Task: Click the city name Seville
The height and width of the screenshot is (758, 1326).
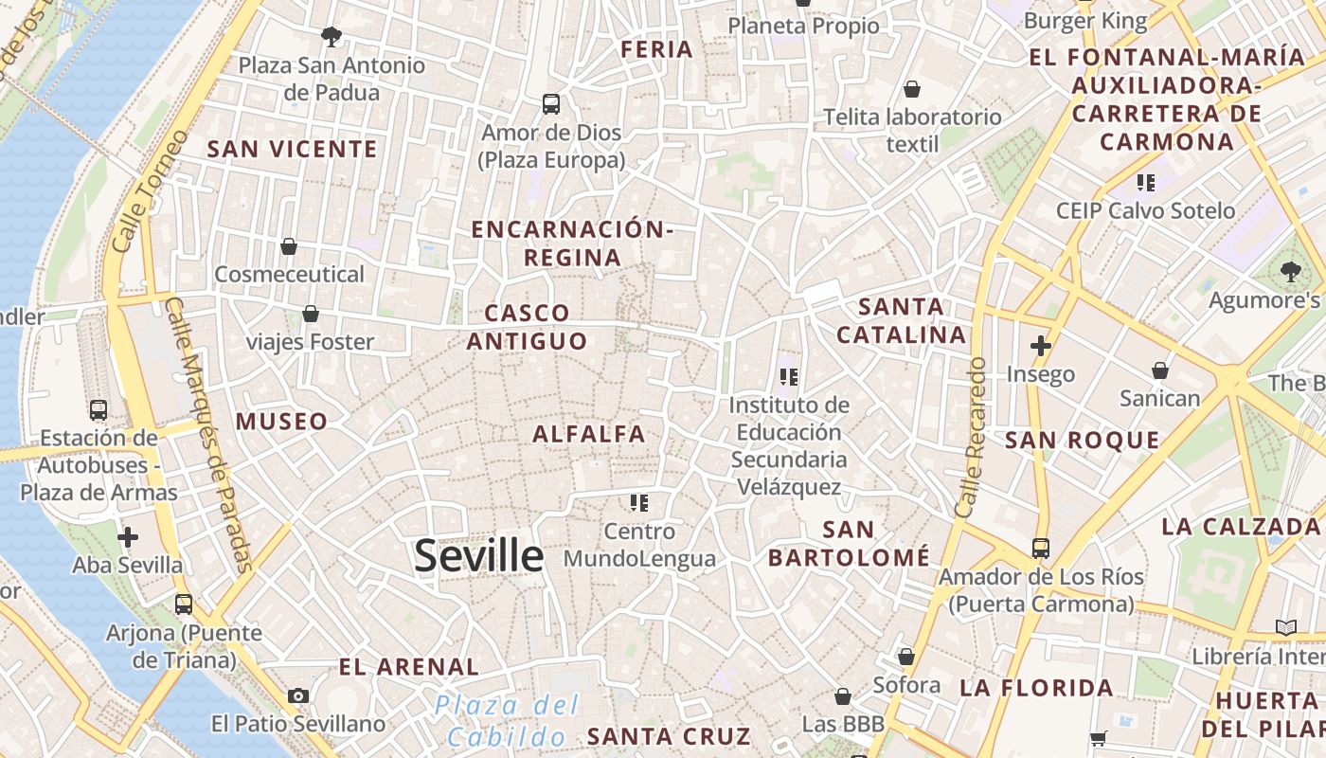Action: coord(478,556)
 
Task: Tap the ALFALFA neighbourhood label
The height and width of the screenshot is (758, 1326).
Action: coord(588,434)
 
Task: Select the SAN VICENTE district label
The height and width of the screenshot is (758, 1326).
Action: coord(292,149)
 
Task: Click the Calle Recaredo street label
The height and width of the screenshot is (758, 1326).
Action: coord(972,438)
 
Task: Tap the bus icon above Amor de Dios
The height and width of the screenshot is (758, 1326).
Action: coord(550,103)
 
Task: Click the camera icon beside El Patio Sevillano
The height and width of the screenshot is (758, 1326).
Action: coord(298,695)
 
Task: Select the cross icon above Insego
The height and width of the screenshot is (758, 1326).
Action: coord(1040,346)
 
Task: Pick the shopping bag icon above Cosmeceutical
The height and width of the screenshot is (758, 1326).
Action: coord(289,246)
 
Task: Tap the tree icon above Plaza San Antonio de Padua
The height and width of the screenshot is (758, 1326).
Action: coord(331,37)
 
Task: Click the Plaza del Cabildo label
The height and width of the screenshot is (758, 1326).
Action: coord(507,720)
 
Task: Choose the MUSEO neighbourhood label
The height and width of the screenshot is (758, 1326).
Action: coord(281,422)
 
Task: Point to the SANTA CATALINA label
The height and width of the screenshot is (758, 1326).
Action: coord(901,320)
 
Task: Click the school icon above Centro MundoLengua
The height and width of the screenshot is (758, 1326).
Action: coord(639,502)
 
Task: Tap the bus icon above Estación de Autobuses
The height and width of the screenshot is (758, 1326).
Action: coord(98,410)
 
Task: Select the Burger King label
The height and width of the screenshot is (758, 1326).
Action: coord(1085,21)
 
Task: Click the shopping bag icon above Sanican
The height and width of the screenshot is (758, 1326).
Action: coord(1159,370)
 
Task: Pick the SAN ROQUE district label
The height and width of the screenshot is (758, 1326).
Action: coord(1082,440)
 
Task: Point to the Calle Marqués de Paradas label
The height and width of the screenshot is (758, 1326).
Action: coord(209,436)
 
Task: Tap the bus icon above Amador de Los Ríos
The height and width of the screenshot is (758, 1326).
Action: coord(1040,548)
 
